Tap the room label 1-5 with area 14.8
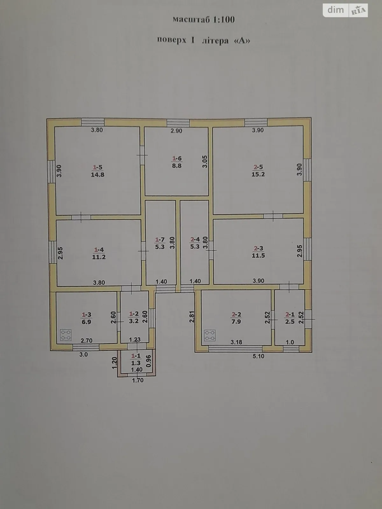click(98, 171)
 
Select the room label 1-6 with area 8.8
click(177, 162)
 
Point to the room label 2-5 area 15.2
click(258, 171)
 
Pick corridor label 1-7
click(160, 243)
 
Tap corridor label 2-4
click(195, 243)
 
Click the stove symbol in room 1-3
click(66, 335)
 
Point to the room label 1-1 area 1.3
click(136, 360)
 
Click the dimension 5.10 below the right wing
click(258, 356)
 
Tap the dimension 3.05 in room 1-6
click(205, 161)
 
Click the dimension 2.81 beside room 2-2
click(192, 317)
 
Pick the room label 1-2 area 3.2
click(134, 317)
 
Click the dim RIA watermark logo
click(346, 10)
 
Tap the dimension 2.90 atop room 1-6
click(176, 131)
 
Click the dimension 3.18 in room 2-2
click(236, 342)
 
